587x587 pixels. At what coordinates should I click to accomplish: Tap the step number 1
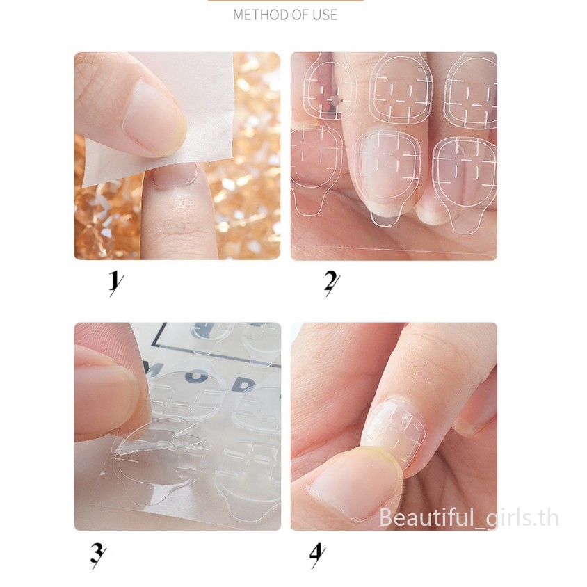pos(114,282)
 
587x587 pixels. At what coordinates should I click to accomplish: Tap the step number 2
pos(332,282)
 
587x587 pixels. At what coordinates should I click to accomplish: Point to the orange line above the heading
pos(286,1)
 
